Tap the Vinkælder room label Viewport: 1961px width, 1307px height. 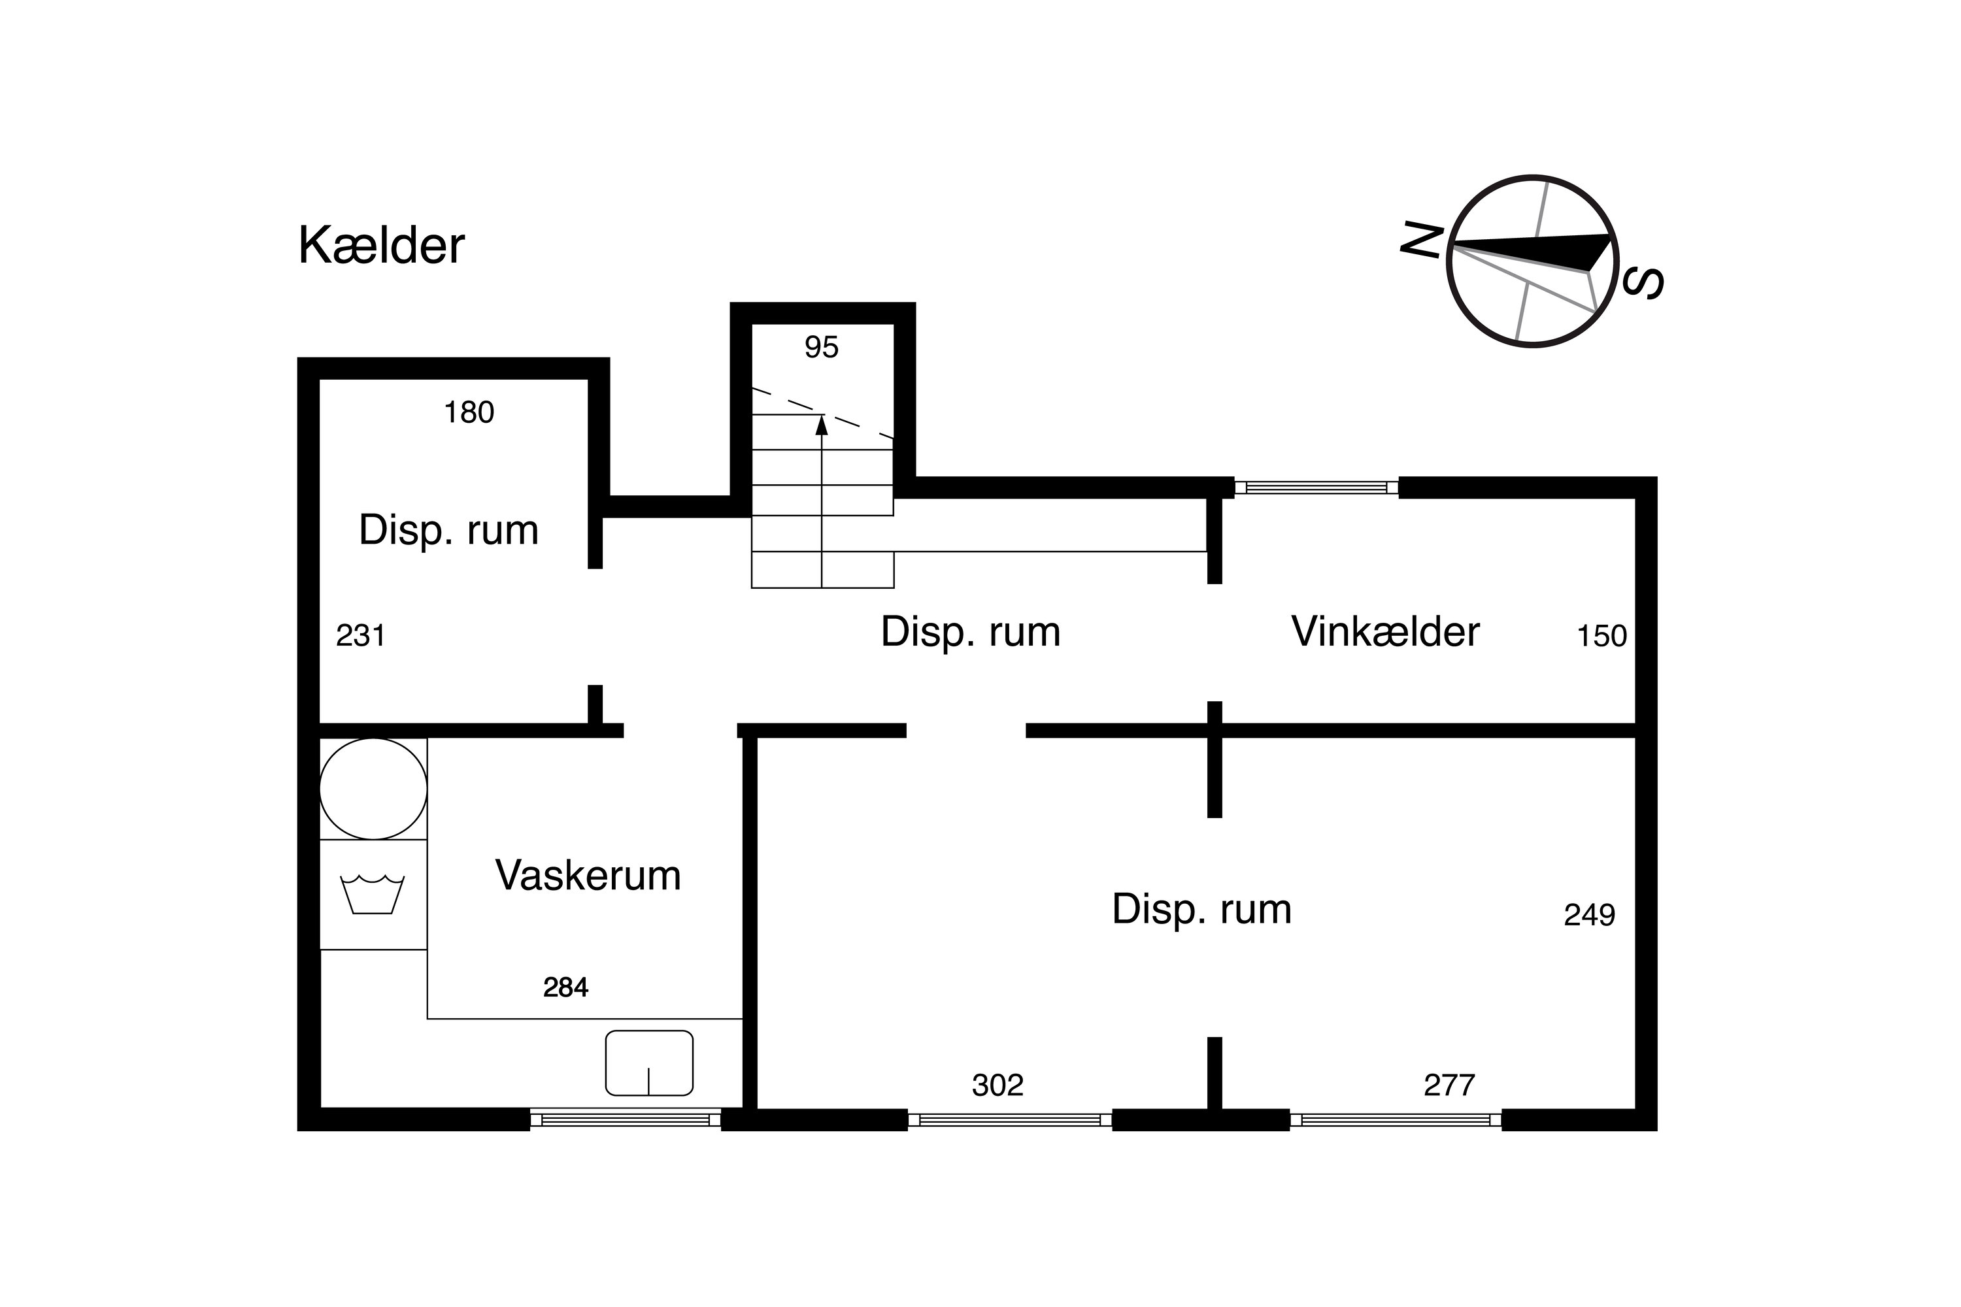[1385, 631]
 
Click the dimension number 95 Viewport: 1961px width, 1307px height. [821, 347]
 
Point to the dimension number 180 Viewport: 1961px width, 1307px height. [469, 412]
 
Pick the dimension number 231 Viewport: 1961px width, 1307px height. [360, 636]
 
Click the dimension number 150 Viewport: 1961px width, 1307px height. [1601, 636]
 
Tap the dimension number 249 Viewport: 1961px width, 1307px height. [1589, 916]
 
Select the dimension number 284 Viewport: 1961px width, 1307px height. [565, 987]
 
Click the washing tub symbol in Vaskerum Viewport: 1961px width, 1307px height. [372, 895]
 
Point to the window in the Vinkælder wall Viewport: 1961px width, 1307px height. [1316, 488]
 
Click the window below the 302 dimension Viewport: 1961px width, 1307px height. [1010, 1119]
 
